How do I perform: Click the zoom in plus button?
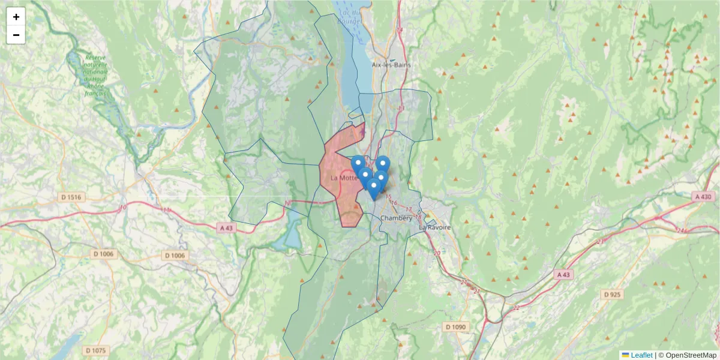coord(16,17)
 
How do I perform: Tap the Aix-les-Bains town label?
coord(390,65)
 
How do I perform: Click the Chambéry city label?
coord(396,218)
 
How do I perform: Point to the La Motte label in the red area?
coord(344,178)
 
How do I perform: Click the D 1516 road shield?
coord(71,197)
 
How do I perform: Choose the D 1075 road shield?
coord(95,350)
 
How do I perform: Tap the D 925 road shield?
coord(612,295)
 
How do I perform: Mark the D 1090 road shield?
coord(455,327)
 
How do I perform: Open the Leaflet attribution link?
coord(641,355)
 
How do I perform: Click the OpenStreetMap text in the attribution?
coord(691,355)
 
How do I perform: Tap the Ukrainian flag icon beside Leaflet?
coord(625,355)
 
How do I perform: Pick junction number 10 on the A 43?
coord(123,208)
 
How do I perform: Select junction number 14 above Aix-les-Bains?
coord(400,30)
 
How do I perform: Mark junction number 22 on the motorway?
coord(517,308)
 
